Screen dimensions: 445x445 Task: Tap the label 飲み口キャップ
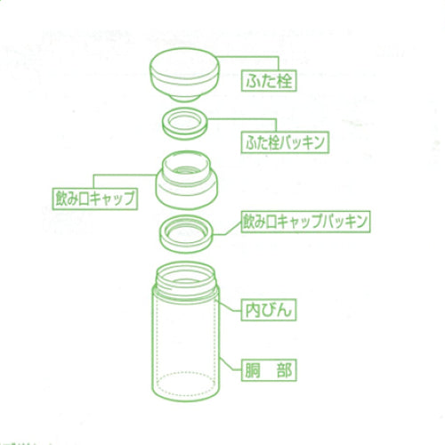pyautogui.click(x=93, y=198)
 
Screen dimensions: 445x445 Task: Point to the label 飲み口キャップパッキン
pyautogui.click(x=293, y=218)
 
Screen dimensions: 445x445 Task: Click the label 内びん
pyautogui.click(x=267, y=311)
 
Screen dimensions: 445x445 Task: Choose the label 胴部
pyautogui.click(x=268, y=368)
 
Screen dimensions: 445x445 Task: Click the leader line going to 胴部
pyautogui.click(x=230, y=368)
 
